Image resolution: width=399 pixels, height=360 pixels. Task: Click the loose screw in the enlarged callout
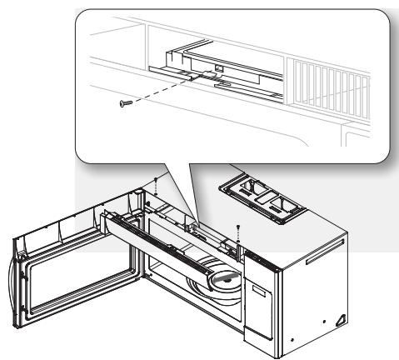[x=125, y=102]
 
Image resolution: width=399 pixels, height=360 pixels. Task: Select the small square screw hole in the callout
[x=218, y=67]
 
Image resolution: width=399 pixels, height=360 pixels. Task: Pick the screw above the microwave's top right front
[x=239, y=227]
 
